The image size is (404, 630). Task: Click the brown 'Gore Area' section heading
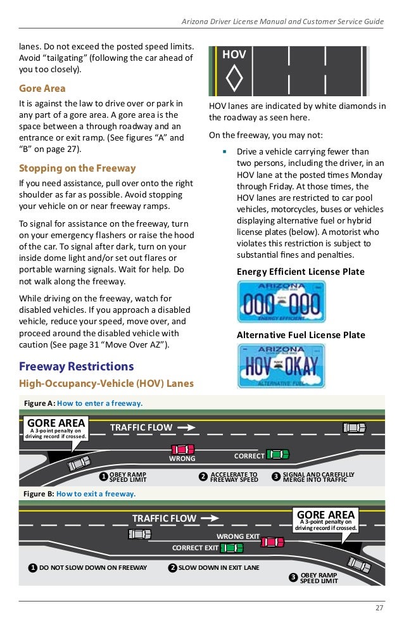(42, 88)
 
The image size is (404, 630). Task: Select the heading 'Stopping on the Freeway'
(77, 168)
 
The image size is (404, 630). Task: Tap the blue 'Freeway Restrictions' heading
(76, 367)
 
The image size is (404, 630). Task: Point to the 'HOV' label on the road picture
(234, 55)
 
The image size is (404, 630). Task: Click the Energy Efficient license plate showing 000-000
(280, 301)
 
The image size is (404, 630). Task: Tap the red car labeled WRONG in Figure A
(182, 449)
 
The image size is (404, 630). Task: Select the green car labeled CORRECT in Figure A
(277, 454)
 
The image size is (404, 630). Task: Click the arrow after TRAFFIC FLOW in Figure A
(187, 427)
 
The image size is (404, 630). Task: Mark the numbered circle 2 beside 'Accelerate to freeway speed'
(203, 476)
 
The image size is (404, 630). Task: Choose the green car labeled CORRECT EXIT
(232, 548)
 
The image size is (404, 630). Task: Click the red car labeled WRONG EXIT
(273, 542)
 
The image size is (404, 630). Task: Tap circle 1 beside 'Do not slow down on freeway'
(31, 567)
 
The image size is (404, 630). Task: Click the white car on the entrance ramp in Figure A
(79, 463)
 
